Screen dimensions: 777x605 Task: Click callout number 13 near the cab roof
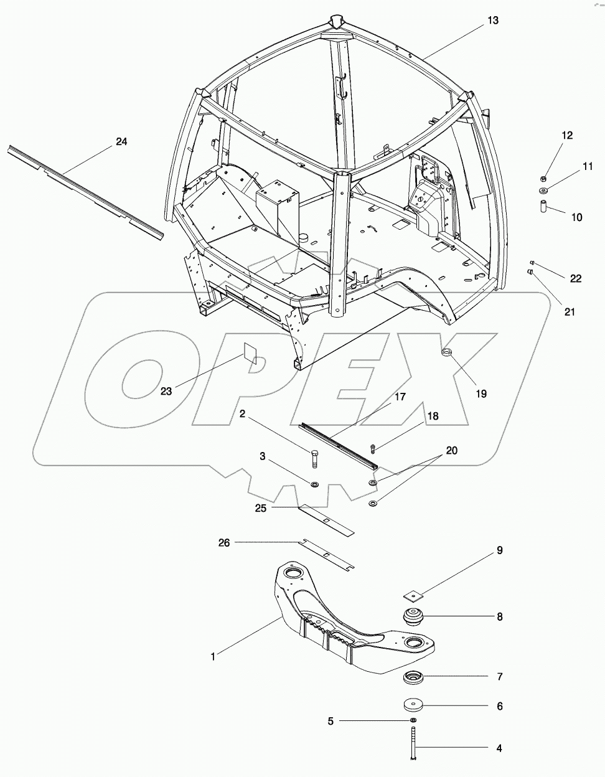click(492, 21)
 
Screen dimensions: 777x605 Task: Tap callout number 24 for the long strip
click(121, 142)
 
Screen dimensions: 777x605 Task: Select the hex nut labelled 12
click(545, 179)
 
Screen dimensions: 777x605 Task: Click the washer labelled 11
click(544, 191)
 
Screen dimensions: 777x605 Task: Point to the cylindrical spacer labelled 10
click(543, 206)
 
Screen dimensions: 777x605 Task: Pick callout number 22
click(576, 278)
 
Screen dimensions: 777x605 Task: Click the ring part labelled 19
click(448, 354)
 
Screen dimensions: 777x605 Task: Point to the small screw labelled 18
click(373, 448)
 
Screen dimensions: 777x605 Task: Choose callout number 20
click(451, 450)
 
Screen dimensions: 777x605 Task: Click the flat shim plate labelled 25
click(325, 520)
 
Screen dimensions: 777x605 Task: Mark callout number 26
click(223, 543)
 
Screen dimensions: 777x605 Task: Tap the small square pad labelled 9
click(412, 594)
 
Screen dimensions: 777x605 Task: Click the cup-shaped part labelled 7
click(411, 677)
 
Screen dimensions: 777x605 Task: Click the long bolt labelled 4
click(413, 745)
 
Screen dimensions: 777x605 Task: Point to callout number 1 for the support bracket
click(213, 656)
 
